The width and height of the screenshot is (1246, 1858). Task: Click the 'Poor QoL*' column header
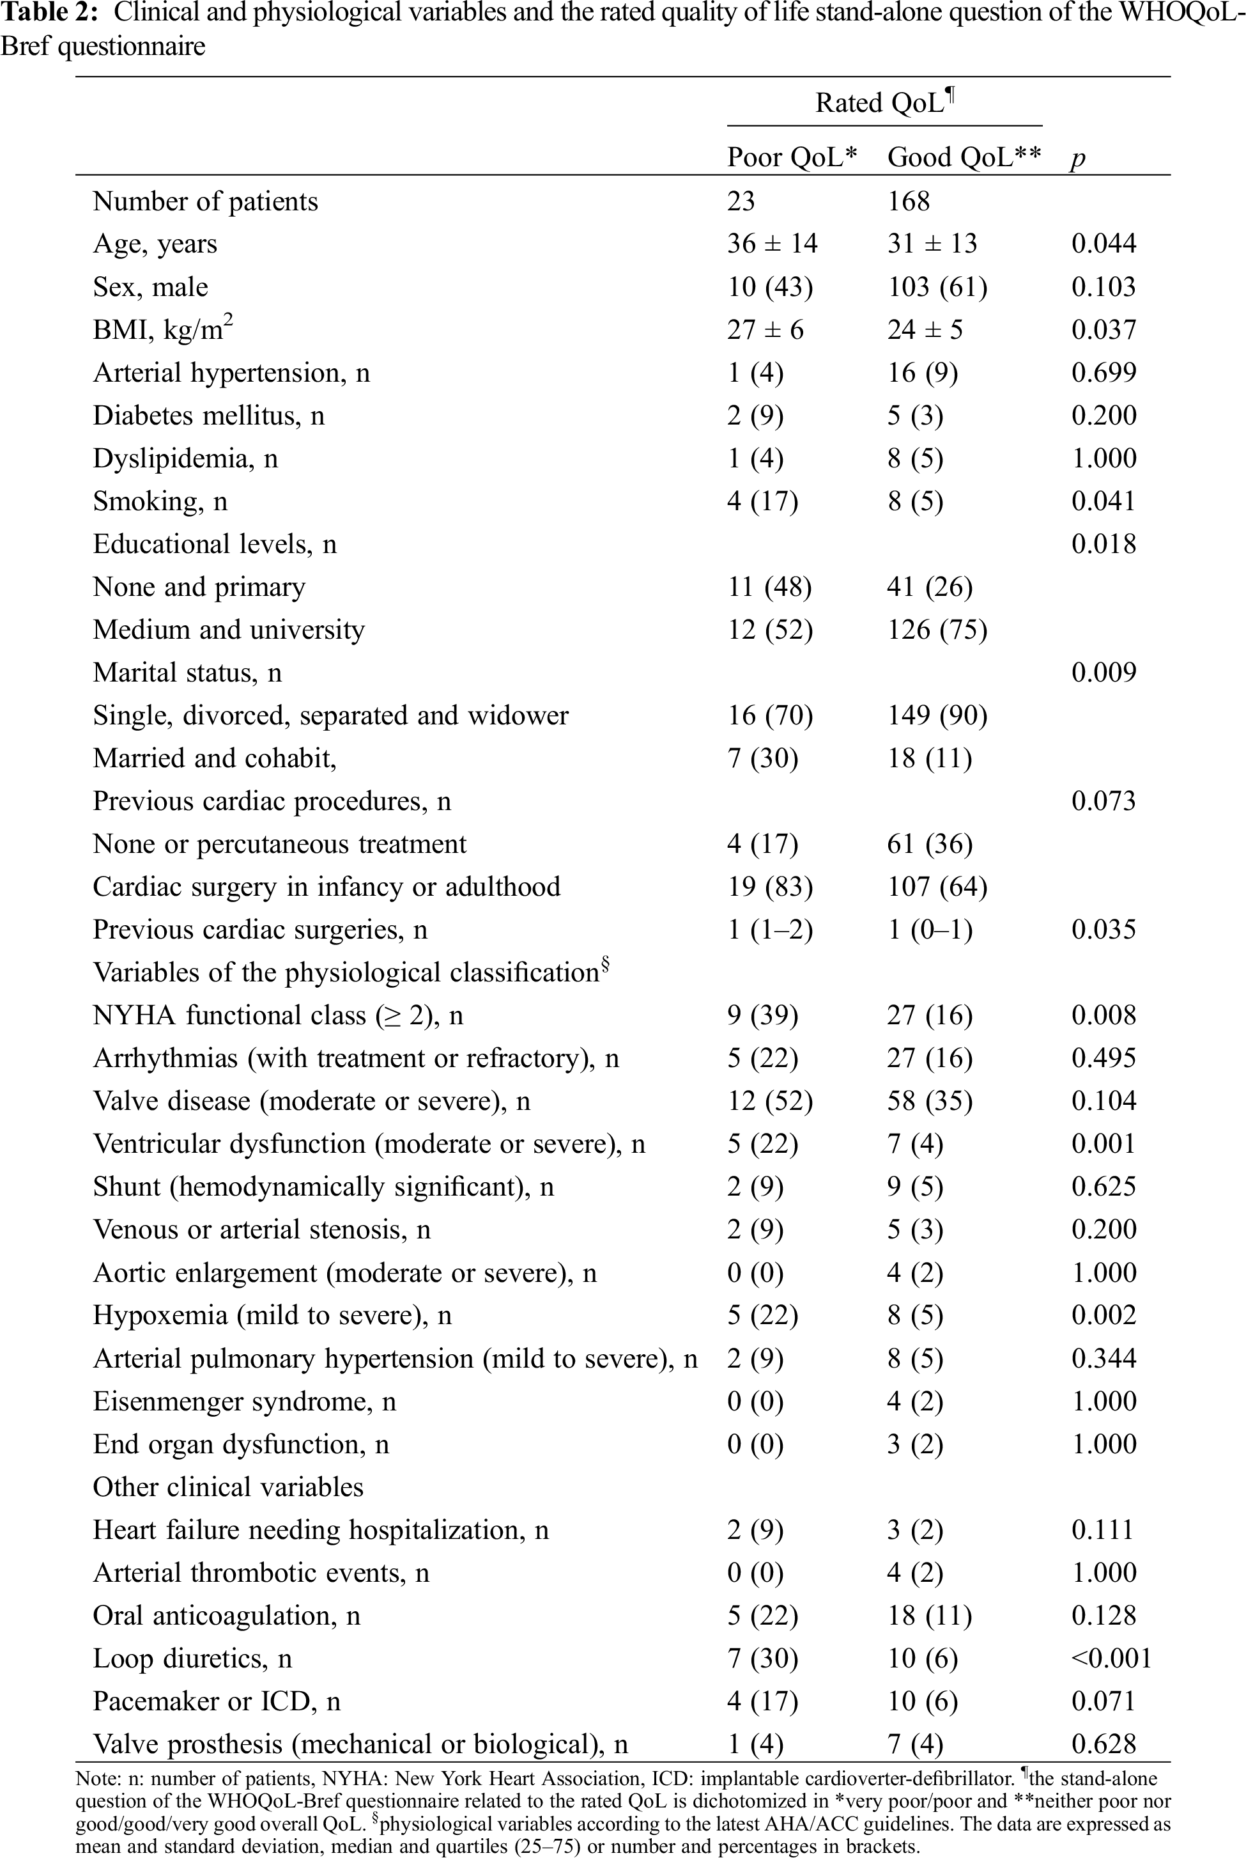click(x=792, y=157)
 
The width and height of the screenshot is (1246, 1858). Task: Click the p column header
click(x=1077, y=159)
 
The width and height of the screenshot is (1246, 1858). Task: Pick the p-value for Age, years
click(x=1103, y=244)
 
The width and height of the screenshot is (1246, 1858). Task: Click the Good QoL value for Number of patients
click(x=908, y=201)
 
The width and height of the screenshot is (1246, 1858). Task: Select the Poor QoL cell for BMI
click(x=764, y=329)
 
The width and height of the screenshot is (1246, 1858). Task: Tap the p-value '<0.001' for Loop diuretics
click(x=1111, y=1658)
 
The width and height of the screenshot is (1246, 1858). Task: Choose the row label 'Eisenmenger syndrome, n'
click(x=244, y=1401)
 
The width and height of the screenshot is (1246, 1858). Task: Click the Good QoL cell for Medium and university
click(x=937, y=630)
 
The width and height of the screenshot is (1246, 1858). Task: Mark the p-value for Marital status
click(x=1103, y=673)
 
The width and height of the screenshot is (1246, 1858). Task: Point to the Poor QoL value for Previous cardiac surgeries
click(x=769, y=930)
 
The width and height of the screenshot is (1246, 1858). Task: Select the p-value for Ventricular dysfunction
click(x=1103, y=1143)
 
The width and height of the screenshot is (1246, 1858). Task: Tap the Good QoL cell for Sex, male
click(x=937, y=286)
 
